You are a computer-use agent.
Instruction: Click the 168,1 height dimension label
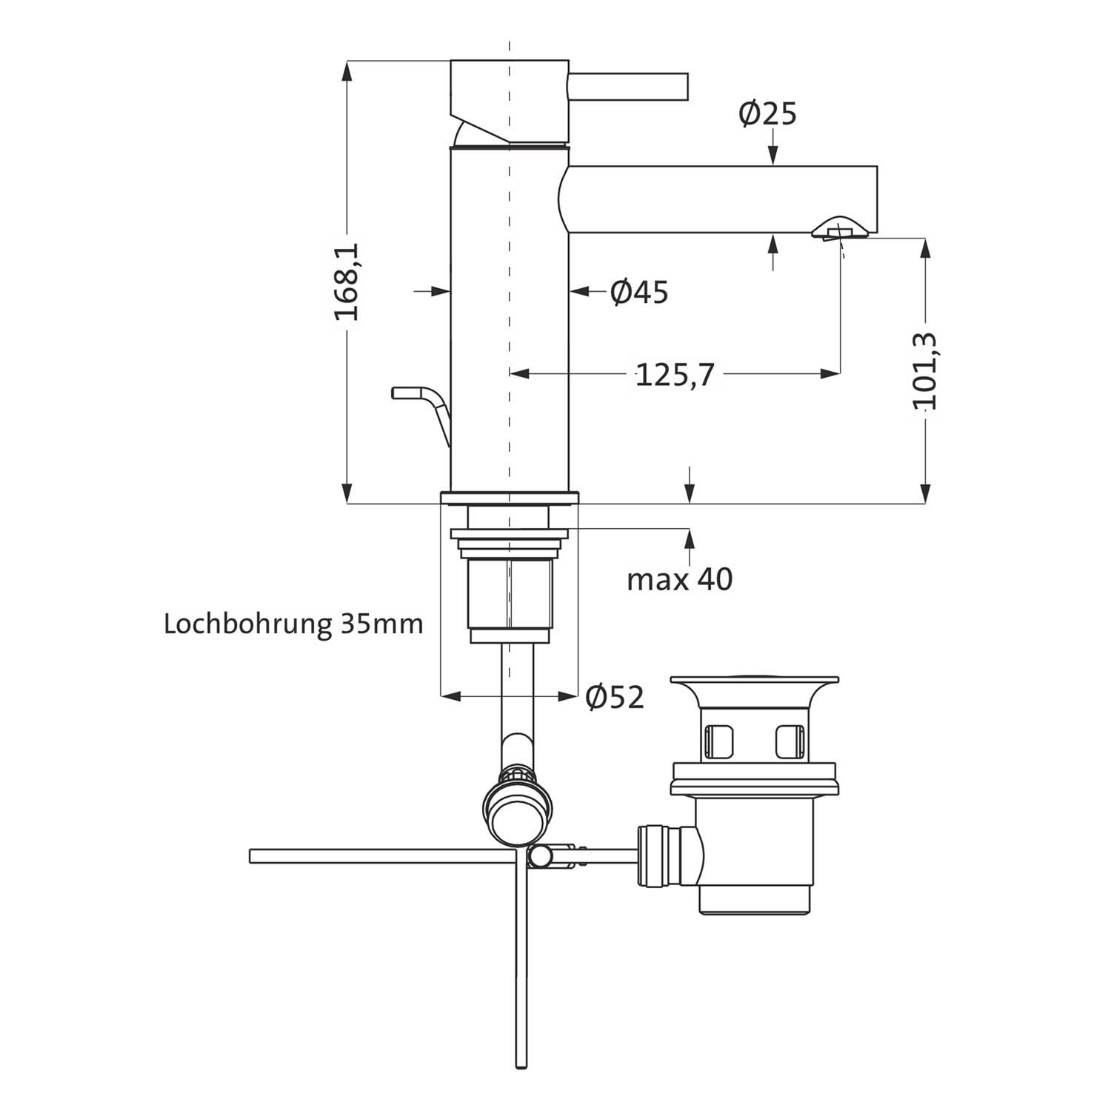click(x=347, y=281)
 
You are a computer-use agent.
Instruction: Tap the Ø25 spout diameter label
click(x=767, y=114)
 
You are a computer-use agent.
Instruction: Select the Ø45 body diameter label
click(x=639, y=292)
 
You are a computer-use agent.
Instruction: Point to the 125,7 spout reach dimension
click(x=675, y=376)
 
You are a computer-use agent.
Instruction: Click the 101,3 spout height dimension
click(x=925, y=371)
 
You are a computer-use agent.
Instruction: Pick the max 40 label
click(x=680, y=579)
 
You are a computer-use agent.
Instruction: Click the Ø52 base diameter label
click(x=615, y=697)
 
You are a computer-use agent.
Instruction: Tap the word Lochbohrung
click(x=247, y=624)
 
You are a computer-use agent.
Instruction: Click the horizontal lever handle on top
click(x=628, y=85)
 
